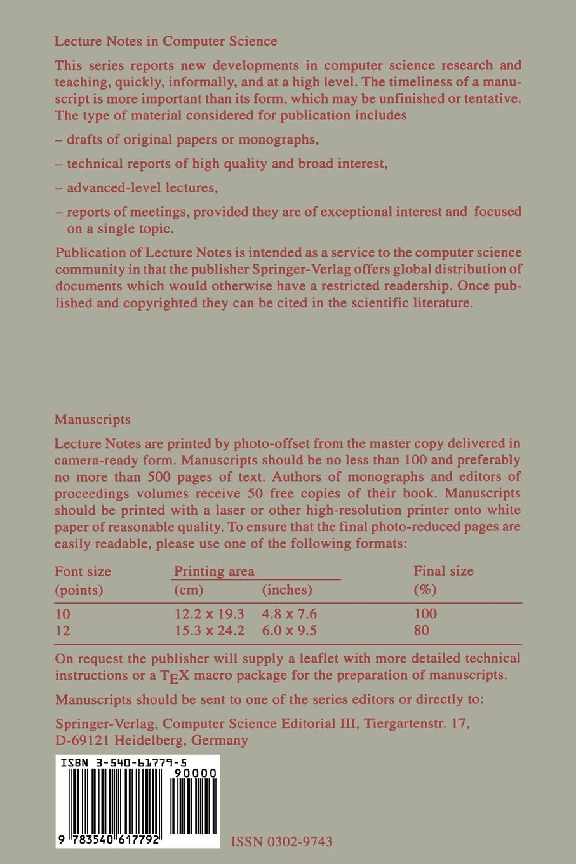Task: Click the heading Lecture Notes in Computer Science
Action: pyautogui.click(x=166, y=41)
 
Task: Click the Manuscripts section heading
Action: pyautogui.click(x=93, y=419)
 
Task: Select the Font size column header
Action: pyautogui.click(x=83, y=571)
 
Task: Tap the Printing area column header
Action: pyautogui.click(x=214, y=571)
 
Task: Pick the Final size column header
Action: pyautogui.click(x=443, y=571)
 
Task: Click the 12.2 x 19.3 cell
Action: pyautogui.click(x=210, y=614)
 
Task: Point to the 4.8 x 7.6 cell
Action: pyautogui.click(x=290, y=614)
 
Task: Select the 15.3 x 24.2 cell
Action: pyautogui.click(x=210, y=630)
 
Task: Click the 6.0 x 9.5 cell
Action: pyautogui.click(x=290, y=630)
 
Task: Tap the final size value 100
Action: pyautogui.click(x=425, y=614)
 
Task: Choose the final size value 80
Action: pyautogui.click(x=421, y=630)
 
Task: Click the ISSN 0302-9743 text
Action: pyautogui.click(x=281, y=842)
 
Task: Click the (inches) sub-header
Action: pyautogui.click(x=287, y=590)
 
